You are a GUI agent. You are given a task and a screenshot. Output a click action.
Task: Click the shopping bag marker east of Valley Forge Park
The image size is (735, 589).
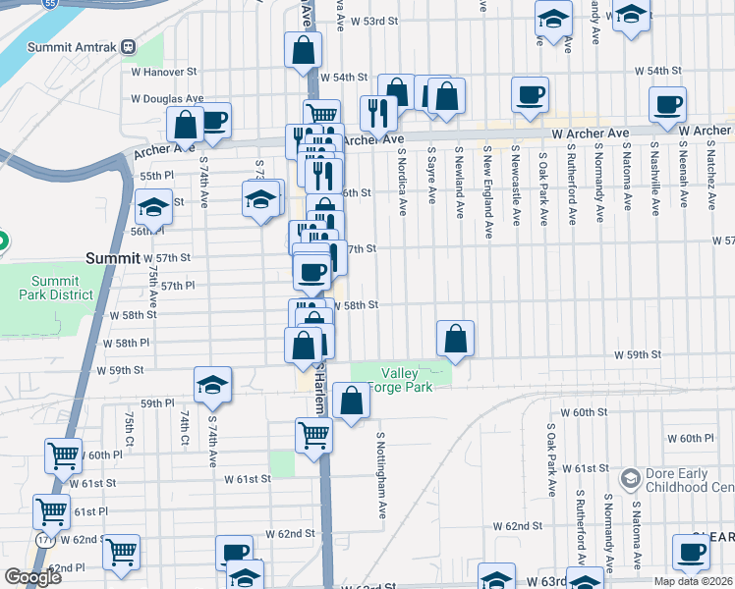pyautogui.click(x=456, y=340)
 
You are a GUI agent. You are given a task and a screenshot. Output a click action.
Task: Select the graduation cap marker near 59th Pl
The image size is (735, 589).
pyautogui.click(x=212, y=386)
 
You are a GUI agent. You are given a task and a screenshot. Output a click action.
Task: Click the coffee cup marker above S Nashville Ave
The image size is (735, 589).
pyautogui.click(x=668, y=105)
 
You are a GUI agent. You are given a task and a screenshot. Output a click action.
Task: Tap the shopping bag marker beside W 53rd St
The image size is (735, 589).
pyautogui.click(x=303, y=51)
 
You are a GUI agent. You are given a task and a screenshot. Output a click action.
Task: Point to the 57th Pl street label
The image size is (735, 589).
pyautogui.click(x=178, y=286)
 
